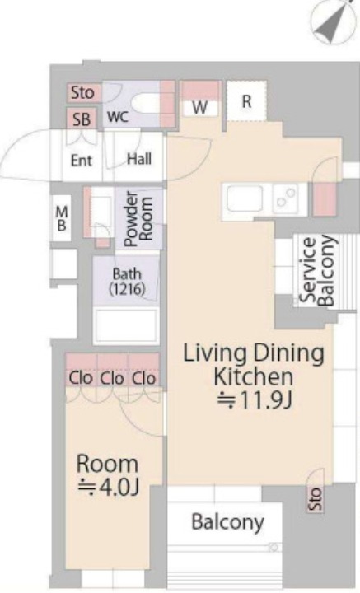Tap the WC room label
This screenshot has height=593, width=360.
(x=118, y=116)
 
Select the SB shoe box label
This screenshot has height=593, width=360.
(x=82, y=119)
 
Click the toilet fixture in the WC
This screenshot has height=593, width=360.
(x=146, y=102)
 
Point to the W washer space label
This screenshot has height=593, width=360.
(x=199, y=108)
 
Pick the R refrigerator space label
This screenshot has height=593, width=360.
(x=246, y=101)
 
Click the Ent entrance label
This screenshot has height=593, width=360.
(x=82, y=161)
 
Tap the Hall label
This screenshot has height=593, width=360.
(x=139, y=159)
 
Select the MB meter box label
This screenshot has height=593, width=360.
(x=62, y=218)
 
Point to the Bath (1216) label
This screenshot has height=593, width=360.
(x=127, y=281)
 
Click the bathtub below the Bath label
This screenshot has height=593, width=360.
(x=126, y=326)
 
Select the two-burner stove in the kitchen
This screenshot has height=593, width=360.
(x=286, y=198)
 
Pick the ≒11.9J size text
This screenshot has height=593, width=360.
(x=255, y=400)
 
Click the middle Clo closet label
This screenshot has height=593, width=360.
(x=112, y=378)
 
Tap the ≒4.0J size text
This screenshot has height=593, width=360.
(x=109, y=487)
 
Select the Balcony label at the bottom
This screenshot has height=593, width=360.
(x=227, y=522)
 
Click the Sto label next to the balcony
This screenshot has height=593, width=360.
(x=316, y=498)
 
